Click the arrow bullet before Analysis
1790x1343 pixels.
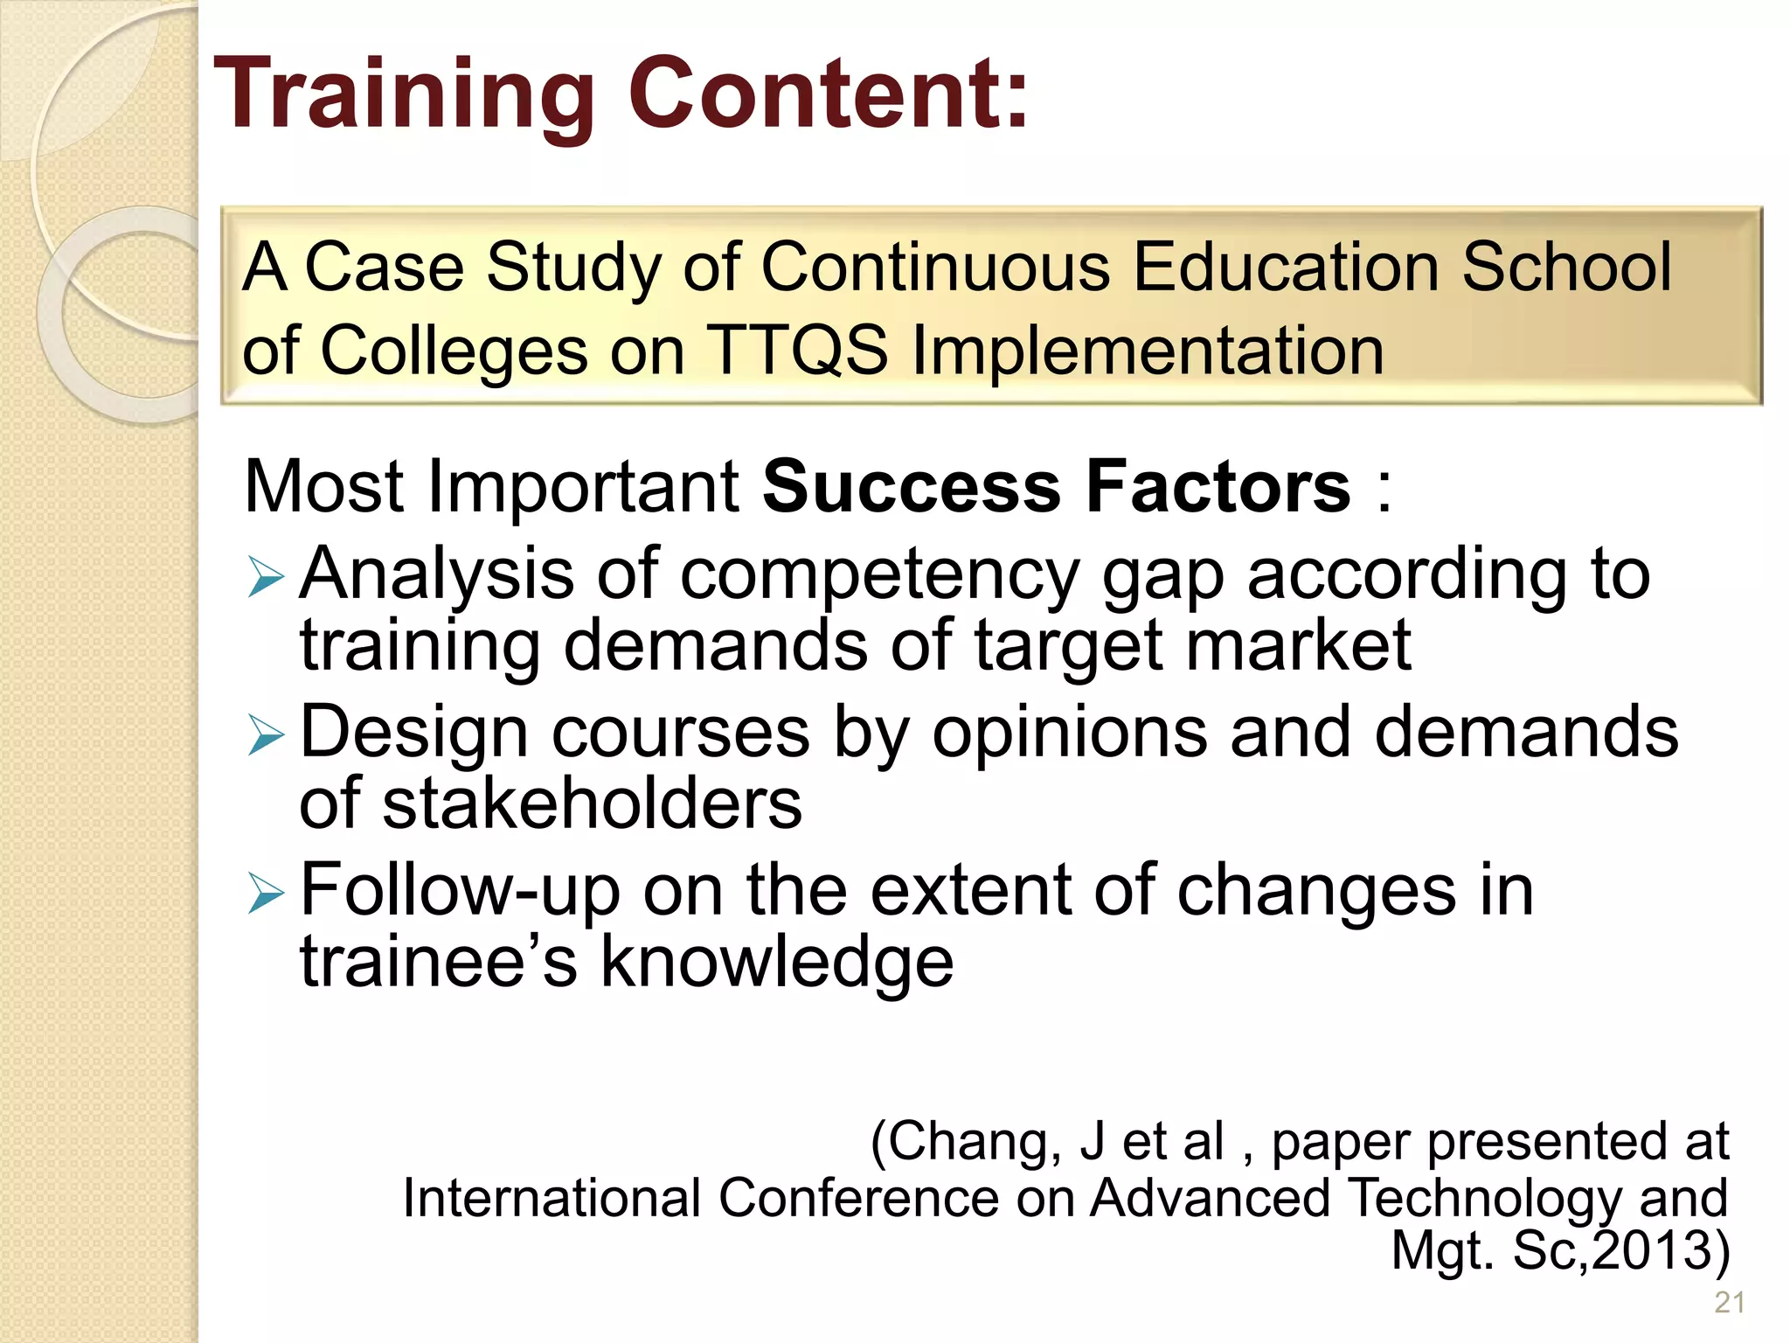pos(266,578)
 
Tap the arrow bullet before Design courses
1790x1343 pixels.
pos(266,735)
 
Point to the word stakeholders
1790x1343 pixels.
pos(592,804)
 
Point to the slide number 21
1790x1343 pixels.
pos(1729,1303)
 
